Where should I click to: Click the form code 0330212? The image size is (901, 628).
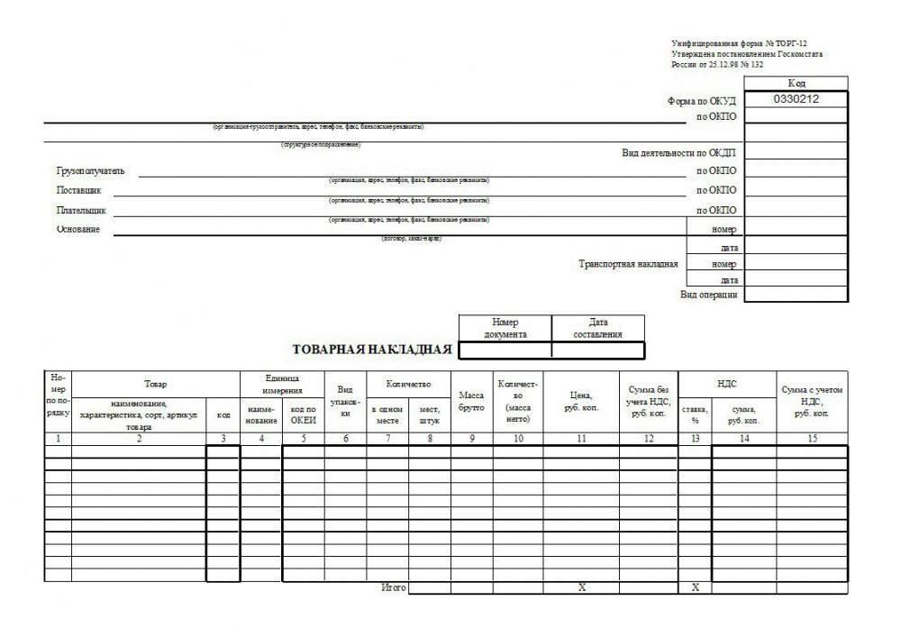(796, 99)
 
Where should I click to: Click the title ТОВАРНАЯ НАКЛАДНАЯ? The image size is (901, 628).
(372, 350)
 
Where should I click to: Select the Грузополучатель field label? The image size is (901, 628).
(90, 171)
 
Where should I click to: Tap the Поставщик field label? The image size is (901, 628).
(79, 191)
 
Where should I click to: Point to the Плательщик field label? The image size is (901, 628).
(81, 211)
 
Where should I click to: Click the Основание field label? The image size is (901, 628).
(78, 230)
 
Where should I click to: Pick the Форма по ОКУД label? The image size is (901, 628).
(702, 101)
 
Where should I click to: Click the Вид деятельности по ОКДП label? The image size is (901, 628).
(678, 152)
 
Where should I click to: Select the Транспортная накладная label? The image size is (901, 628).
(628, 264)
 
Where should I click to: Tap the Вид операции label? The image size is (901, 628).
(709, 295)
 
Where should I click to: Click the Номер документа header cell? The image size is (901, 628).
(505, 328)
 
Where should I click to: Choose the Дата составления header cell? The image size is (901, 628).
(597, 328)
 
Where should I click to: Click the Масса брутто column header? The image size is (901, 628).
(471, 401)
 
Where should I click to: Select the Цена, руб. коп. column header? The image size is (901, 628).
(580, 401)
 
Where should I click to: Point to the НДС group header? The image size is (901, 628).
(726, 384)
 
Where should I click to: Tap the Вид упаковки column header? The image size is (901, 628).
(345, 401)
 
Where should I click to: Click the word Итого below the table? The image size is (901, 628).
(394, 587)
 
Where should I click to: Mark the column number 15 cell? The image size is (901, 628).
(812, 439)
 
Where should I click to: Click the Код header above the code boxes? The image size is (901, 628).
(796, 83)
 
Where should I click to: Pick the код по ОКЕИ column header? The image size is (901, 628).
(304, 414)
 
